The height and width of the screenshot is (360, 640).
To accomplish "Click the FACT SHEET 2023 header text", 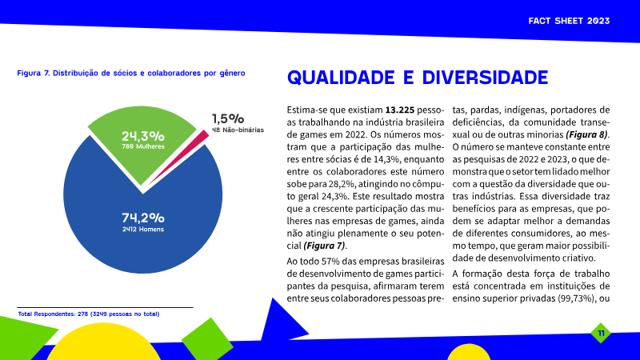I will click(570, 19).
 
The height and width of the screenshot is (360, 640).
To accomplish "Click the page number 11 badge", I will click(601, 332).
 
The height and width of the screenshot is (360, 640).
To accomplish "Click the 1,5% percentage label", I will click(227, 118).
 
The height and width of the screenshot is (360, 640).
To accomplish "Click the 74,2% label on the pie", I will click(143, 218).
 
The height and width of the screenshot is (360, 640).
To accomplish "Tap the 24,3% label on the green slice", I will click(143, 135).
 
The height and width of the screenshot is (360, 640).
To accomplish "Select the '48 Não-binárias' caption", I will click(238, 129).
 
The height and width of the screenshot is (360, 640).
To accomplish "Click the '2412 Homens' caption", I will click(143, 230).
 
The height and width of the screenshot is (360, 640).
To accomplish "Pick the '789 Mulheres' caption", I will click(143, 147).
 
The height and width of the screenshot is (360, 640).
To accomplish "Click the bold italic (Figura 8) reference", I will click(586, 134).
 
